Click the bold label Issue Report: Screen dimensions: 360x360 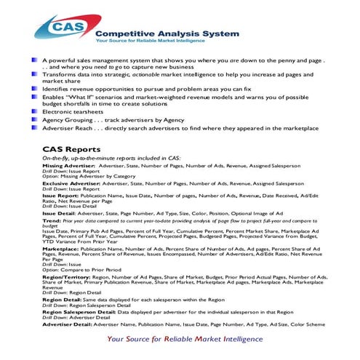(60, 196)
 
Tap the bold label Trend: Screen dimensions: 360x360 (52, 220)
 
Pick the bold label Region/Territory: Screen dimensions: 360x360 (67, 277)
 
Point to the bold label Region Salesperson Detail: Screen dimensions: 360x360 (84, 311)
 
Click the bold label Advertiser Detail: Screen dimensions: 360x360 (68, 323)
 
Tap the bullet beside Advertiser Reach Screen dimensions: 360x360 (36, 128)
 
